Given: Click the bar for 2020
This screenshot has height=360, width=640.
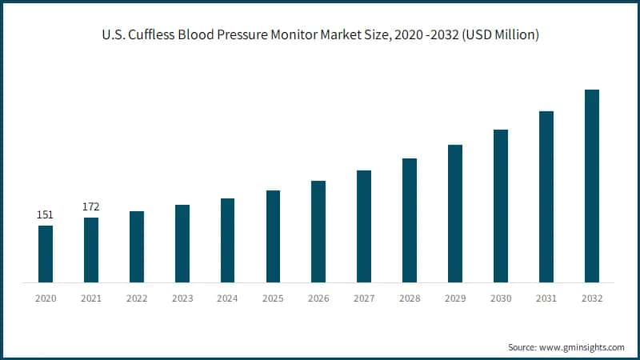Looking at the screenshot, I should [46, 254].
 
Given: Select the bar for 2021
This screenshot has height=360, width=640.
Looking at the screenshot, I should [91, 250].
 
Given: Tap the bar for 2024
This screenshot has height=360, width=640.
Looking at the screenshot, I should [227, 240].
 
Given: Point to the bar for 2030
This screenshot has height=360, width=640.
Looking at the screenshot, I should [501, 206].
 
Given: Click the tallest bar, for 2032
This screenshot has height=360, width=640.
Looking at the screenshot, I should [591, 186].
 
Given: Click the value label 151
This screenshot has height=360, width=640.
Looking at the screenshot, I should [46, 215].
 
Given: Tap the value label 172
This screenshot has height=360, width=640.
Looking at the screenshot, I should [91, 207].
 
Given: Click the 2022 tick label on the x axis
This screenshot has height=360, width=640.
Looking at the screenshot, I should [137, 298].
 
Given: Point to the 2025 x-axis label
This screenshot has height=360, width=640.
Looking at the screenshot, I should [273, 298].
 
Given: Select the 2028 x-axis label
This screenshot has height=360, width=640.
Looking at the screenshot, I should [410, 298].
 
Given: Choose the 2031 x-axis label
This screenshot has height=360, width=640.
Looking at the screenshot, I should [546, 298].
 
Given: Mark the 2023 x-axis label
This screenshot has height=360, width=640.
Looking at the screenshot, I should [182, 298].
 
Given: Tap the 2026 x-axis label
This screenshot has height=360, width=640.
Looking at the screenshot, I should [318, 298].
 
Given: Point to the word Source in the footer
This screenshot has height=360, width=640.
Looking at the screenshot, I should [523, 347].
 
